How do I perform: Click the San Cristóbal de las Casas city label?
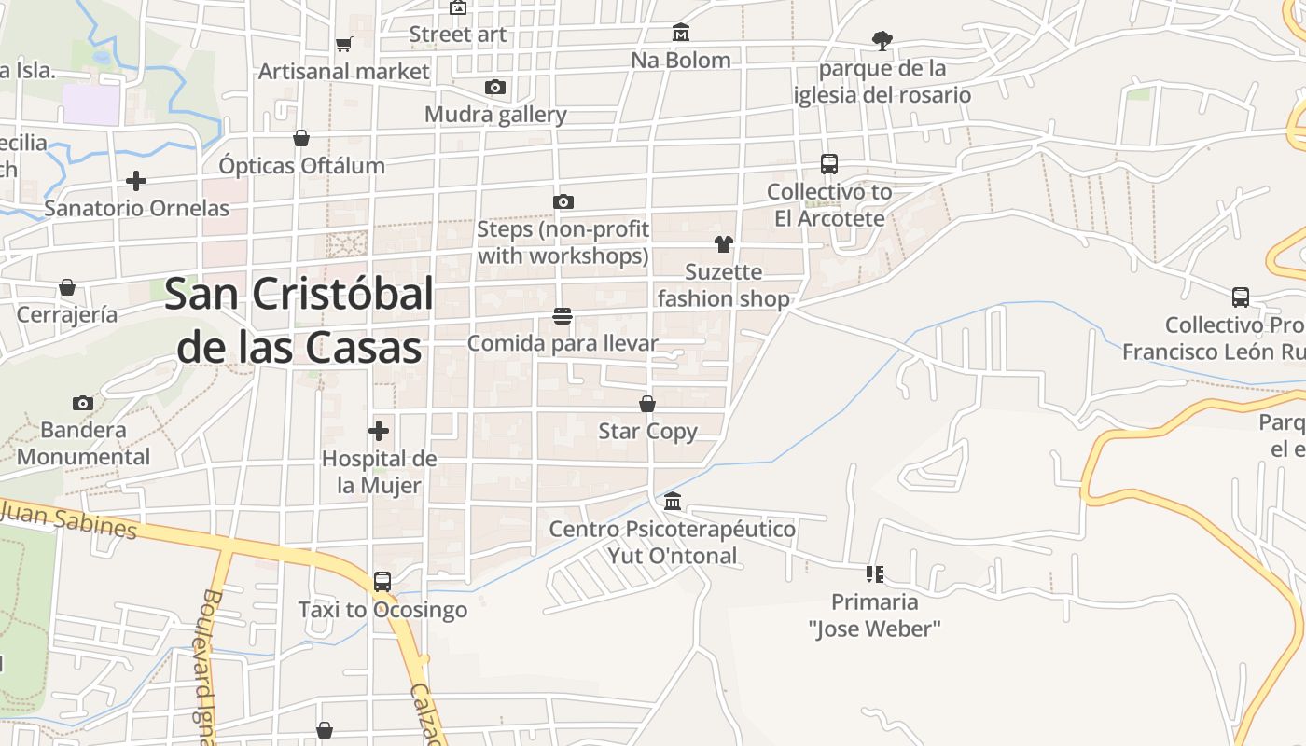click(299, 321)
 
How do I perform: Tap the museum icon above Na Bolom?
click(681, 33)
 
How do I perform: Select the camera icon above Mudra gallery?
click(495, 88)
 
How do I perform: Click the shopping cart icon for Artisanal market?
click(344, 44)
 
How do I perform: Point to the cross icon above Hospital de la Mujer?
click(379, 431)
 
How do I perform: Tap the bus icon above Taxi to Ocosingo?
click(382, 582)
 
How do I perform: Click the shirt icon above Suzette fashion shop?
click(724, 244)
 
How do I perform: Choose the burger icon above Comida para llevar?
click(563, 316)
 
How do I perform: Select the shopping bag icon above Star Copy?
click(647, 404)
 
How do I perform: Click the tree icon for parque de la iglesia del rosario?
click(882, 41)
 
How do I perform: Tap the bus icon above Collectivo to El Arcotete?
click(829, 164)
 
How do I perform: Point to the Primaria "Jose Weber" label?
click(875, 615)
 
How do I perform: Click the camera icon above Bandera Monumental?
click(83, 403)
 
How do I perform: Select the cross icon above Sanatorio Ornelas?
click(136, 180)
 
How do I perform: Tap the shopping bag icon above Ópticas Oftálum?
click(301, 138)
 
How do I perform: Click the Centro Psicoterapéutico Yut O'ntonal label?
click(673, 543)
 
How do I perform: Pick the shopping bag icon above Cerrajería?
click(67, 287)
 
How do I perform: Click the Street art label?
click(458, 35)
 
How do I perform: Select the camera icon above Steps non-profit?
click(563, 201)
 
